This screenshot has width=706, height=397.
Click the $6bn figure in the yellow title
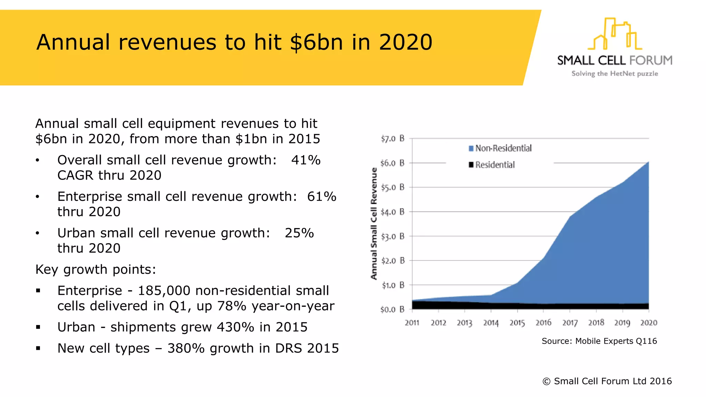tap(317, 42)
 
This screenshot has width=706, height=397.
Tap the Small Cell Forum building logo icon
tap(615, 34)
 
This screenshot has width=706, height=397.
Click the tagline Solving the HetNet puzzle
tap(615, 74)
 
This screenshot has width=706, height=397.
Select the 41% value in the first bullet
tap(306, 160)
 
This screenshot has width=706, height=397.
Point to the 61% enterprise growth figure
tap(322, 197)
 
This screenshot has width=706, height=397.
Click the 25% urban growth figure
tap(299, 233)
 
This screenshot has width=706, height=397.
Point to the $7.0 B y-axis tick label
tap(392, 139)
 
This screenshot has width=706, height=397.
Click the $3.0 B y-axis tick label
tap(392, 237)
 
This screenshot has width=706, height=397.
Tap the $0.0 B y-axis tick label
tap(392, 309)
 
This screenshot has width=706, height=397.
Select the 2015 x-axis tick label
tap(517, 323)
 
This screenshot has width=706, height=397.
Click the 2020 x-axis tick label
tap(648, 323)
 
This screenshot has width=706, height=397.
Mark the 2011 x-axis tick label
tap(412, 323)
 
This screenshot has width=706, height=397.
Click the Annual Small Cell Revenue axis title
tap(374, 223)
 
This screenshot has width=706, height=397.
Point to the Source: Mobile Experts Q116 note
tap(599, 341)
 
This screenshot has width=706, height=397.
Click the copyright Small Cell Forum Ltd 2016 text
tap(607, 381)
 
